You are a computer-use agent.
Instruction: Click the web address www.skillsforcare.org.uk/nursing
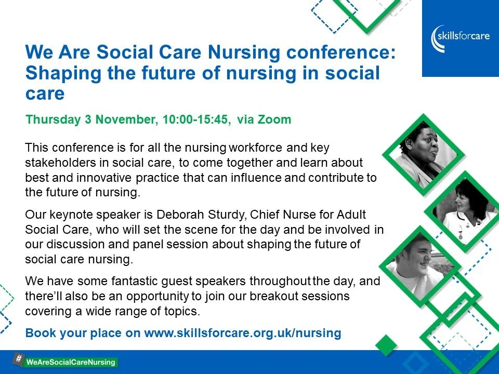pos(242,333)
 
